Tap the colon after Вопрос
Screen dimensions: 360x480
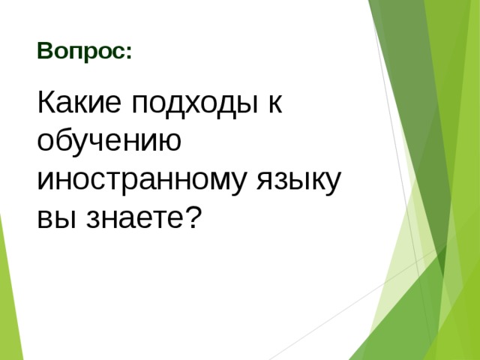(129, 54)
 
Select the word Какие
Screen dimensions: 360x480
(79, 103)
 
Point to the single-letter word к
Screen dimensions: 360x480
(274, 104)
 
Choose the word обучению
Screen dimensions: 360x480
(108, 142)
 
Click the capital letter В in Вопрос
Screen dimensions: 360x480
(43, 52)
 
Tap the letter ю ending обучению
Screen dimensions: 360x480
(169, 142)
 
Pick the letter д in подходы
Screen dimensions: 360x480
(172, 104)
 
